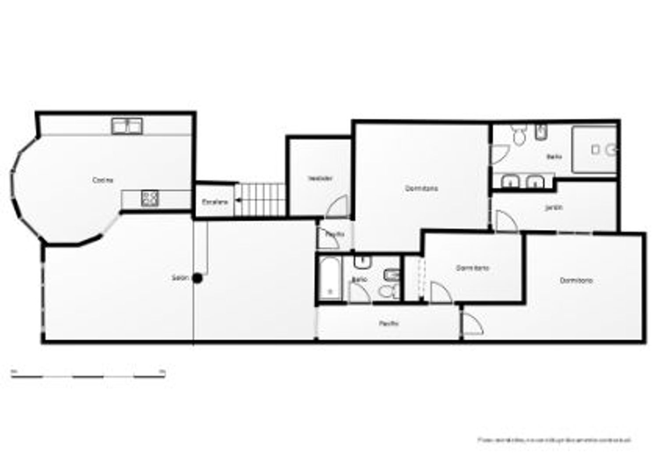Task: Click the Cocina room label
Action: [x=103, y=180]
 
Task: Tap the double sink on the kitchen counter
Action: [x=127, y=126]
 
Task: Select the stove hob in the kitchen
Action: [x=150, y=199]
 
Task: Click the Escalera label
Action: [x=215, y=202]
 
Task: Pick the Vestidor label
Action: [x=320, y=178]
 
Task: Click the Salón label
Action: [x=180, y=278]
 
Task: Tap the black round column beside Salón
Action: [x=198, y=278]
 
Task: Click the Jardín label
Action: [x=554, y=208]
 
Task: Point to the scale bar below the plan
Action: [x=88, y=376]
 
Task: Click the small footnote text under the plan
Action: [x=554, y=439]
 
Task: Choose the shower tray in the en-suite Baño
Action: [x=594, y=149]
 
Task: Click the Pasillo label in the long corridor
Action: [x=389, y=324]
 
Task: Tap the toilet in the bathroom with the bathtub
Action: [x=387, y=291]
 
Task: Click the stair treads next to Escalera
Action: [x=260, y=199]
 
